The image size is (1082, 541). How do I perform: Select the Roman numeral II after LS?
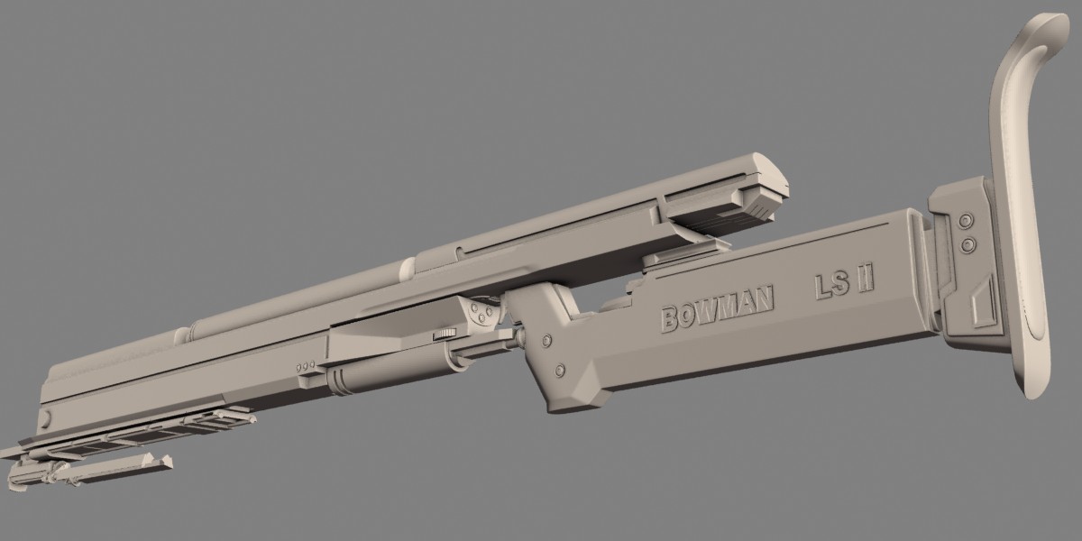click(x=865, y=280)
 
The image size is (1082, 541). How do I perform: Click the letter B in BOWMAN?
click(x=669, y=320)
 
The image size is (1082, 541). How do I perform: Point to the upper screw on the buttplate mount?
click(x=965, y=221)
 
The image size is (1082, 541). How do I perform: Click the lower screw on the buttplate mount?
click(x=967, y=245)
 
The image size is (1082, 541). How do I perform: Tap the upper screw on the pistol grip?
click(x=546, y=340)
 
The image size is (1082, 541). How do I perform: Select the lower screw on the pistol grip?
click(x=560, y=371)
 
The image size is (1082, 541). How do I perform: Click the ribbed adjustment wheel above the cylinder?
click(x=445, y=334)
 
